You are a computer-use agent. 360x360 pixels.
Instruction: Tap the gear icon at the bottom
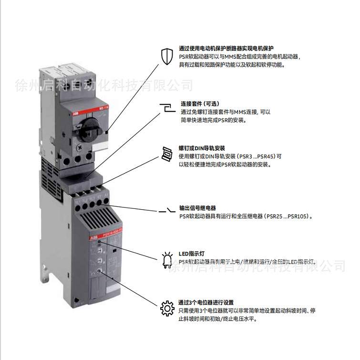point(166,309)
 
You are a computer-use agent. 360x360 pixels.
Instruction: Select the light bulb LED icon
point(166,258)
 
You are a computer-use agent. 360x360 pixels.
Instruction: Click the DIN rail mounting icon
point(166,153)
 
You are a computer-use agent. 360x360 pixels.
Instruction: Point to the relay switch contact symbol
point(166,210)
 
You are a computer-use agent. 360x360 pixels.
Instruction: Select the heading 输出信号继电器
point(197,208)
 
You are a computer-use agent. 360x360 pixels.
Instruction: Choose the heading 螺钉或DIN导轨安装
point(202,148)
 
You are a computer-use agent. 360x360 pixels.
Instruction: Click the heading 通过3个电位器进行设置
point(206,302)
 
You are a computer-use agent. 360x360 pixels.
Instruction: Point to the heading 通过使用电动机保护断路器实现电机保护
point(226,48)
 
